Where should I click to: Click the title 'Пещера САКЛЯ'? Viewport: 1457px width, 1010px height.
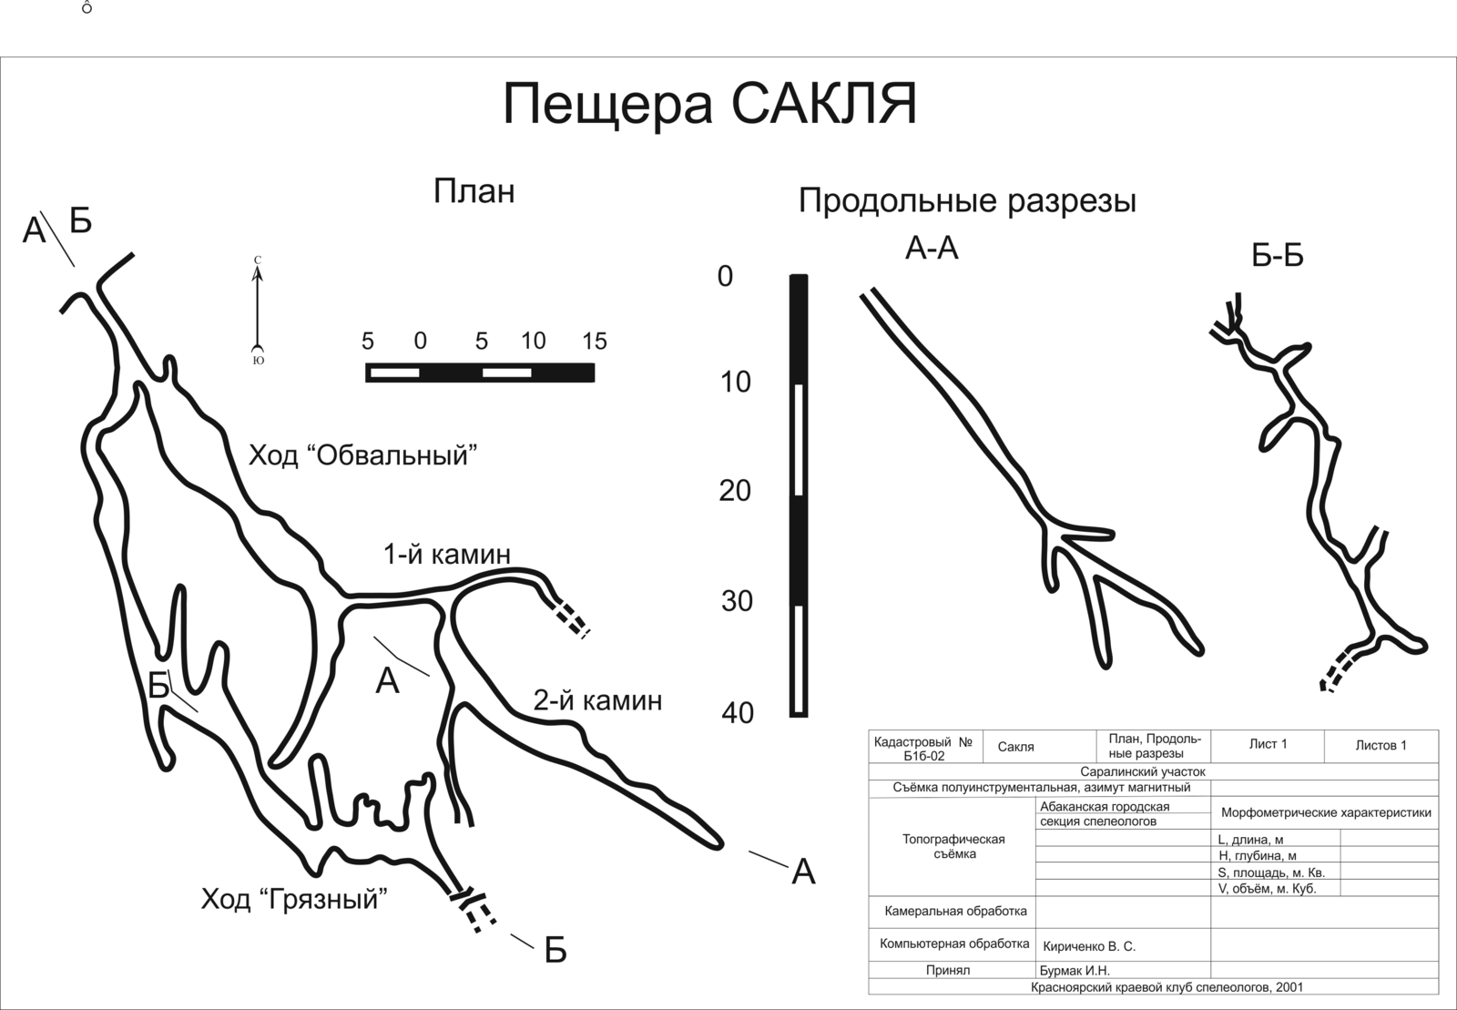[x=709, y=104]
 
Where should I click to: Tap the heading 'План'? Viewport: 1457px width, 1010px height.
[x=474, y=191]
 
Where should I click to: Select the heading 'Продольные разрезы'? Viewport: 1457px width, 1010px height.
[x=967, y=200]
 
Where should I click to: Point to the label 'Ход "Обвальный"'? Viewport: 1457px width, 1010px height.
[x=363, y=454]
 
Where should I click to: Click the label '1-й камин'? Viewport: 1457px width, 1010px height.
[x=446, y=554]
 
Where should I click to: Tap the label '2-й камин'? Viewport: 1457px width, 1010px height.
[x=597, y=700]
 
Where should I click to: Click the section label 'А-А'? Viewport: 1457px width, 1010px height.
[x=932, y=247]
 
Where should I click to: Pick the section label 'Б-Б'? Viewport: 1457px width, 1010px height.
[x=1278, y=256]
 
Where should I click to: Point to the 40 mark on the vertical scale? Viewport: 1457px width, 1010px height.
[x=738, y=713]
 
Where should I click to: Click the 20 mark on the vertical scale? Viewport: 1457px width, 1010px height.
[x=735, y=491]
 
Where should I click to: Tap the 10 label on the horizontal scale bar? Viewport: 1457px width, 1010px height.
[x=534, y=342]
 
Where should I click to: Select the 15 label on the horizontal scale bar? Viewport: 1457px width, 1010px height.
[x=594, y=342]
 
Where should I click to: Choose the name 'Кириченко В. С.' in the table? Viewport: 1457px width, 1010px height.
[x=1089, y=946]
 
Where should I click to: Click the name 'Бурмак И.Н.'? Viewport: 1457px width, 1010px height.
[x=1075, y=971]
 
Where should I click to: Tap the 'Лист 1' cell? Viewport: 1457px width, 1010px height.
[x=1268, y=744]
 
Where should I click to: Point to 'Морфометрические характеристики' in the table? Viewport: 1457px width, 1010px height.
[x=1325, y=812]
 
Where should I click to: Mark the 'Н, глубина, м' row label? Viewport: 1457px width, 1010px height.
[x=1257, y=856]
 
